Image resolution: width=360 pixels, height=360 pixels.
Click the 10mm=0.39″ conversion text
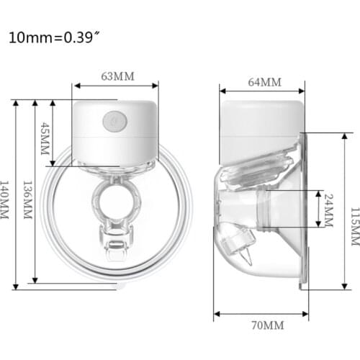coord(51,37)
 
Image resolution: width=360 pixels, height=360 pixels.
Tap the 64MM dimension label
coord(264,82)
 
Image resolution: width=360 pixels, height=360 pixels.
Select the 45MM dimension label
coord(45,134)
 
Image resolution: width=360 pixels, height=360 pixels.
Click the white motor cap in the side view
coord(259,122)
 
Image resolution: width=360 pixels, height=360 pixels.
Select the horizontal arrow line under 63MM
coord(115,87)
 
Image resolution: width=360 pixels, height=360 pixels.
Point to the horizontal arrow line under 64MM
coord(262,91)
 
